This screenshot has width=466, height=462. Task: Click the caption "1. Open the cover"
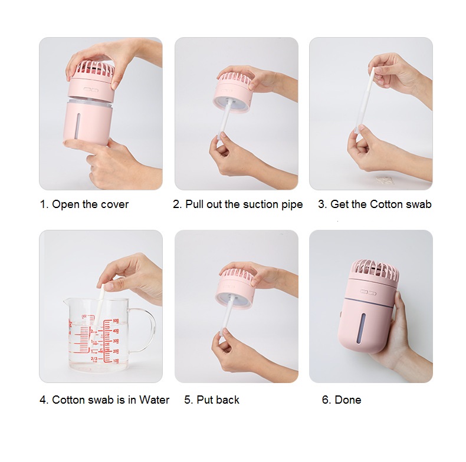84,204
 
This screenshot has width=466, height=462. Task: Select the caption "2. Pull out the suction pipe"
238,204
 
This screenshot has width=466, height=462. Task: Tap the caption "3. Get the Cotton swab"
375,204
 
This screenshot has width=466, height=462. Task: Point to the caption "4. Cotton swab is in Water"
104,400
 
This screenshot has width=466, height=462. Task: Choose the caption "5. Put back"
212,400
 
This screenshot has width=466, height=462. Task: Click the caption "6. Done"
342,400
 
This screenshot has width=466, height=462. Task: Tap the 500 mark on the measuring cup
116,321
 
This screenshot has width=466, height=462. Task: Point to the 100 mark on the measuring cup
116,361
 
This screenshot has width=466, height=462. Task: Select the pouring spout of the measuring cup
66,301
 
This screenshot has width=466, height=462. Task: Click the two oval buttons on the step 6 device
368,293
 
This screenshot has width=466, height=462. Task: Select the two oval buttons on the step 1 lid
91,90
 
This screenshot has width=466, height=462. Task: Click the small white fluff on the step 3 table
385,180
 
